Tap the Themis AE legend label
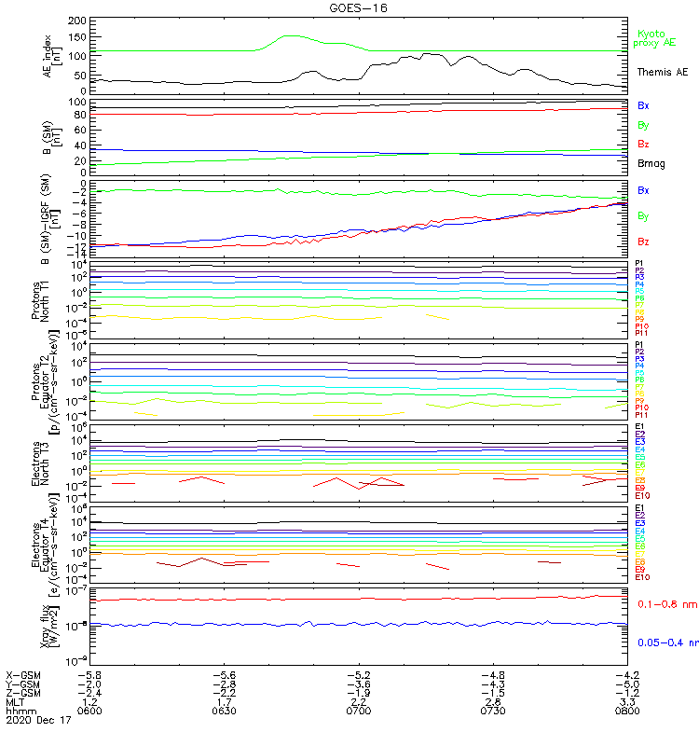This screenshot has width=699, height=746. [x=662, y=72]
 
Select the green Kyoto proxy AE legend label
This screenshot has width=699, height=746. [x=654, y=38]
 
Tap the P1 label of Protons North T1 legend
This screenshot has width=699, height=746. [x=639, y=263]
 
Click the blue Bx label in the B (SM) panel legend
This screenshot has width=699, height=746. [x=644, y=105]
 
